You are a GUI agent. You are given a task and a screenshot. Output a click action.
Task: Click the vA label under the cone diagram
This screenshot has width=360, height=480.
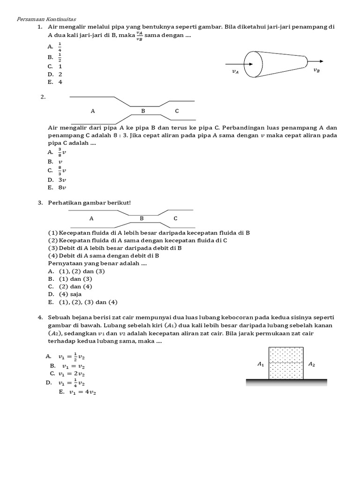[235, 72]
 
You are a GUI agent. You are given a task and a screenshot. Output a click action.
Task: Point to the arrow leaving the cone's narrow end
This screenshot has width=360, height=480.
[315, 61]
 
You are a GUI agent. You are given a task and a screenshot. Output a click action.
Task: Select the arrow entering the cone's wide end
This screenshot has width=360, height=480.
[234, 64]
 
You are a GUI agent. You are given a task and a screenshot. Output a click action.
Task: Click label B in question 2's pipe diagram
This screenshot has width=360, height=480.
[143, 111]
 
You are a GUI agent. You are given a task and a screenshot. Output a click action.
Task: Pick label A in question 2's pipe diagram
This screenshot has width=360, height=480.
[93, 111]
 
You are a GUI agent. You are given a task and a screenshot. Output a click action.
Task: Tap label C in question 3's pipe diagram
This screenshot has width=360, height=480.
[175, 218]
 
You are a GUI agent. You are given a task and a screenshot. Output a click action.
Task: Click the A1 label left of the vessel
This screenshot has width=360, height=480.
[261, 363]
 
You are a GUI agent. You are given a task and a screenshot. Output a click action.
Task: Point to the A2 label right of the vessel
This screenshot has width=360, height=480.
[312, 363]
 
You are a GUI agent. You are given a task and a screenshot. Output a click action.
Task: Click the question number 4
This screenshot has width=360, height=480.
[41, 318]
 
